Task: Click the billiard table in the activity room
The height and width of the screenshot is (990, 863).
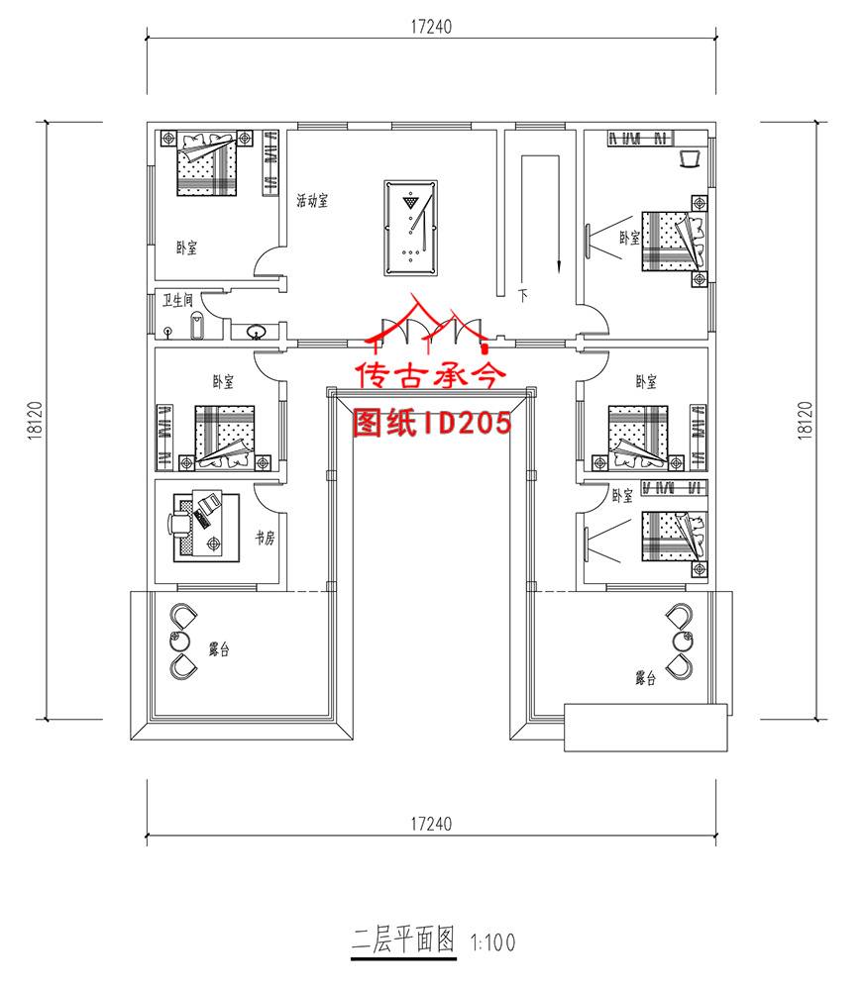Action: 410,228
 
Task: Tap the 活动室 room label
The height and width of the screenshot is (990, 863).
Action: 312,201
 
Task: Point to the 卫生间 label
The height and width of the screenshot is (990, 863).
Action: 177,300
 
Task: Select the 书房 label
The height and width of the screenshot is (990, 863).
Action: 265,538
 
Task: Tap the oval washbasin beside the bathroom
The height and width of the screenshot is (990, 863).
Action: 256,331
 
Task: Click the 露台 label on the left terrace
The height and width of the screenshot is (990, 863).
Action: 219,648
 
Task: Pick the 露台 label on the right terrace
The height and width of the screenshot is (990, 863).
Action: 645,678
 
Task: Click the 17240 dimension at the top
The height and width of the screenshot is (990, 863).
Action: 431,27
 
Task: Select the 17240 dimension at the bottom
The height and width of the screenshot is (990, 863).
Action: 431,824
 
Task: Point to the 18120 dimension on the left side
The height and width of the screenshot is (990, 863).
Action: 35,420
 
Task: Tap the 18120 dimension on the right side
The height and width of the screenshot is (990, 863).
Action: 805,420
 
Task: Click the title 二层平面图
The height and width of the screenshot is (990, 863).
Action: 403,940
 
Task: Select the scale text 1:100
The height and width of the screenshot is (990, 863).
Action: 492,942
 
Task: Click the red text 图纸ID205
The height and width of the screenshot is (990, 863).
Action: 432,423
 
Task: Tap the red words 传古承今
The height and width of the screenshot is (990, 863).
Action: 432,375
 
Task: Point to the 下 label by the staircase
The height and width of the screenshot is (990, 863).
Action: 523,295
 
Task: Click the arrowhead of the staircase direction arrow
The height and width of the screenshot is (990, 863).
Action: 559,267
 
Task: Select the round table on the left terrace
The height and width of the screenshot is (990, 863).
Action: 180,641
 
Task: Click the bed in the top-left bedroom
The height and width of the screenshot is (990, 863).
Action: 207,163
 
